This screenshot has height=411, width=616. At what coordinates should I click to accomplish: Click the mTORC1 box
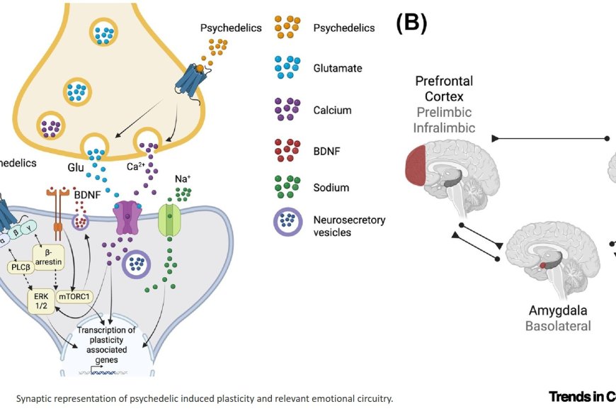pos(74,297)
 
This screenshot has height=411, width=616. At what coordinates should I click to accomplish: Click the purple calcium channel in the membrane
pos(125,217)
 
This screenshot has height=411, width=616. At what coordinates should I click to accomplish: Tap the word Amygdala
pos(559,310)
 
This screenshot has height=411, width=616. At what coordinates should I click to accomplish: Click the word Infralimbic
pos(444,128)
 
